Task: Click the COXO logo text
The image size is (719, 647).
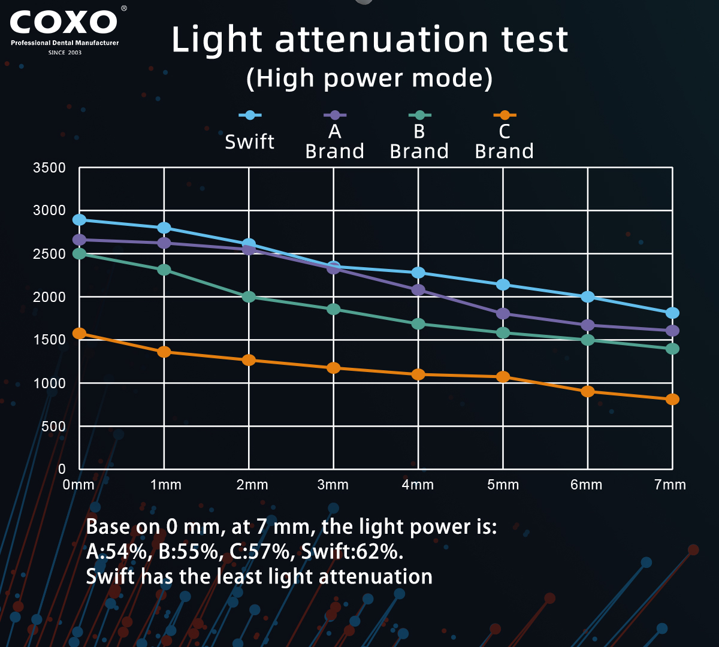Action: coord(64,23)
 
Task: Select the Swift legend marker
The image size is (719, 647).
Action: coord(250,115)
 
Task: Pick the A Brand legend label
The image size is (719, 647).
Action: coord(334,141)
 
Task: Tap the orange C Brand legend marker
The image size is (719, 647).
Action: coord(504,115)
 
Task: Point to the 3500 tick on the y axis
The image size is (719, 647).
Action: coord(50,168)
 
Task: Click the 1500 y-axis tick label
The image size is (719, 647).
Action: coord(50,340)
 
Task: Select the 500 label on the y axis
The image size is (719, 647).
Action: coord(53,426)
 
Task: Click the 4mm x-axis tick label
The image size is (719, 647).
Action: coord(418,485)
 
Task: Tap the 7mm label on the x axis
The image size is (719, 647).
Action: coord(670,485)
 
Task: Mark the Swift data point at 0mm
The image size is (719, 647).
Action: coord(79,220)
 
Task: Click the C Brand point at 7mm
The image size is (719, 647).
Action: coord(672,399)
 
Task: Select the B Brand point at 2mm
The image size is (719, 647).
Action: coord(249,297)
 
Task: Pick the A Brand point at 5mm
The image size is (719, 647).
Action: coord(503,313)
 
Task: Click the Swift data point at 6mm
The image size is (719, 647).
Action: coord(588,297)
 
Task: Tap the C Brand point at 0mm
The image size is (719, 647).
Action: coord(79,334)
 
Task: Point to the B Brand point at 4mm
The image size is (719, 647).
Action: coord(418,323)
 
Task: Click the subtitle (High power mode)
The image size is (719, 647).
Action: coord(369,78)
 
